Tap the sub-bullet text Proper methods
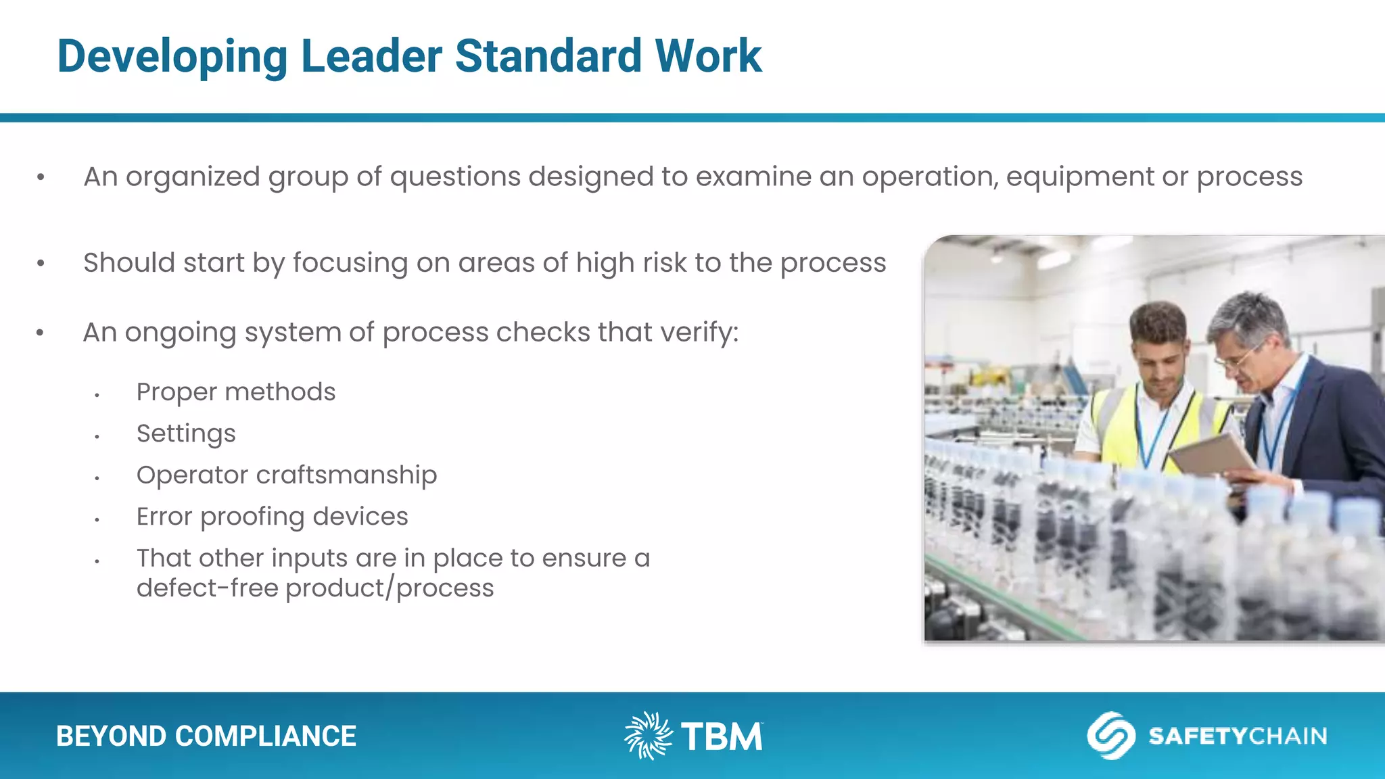pos(235,392)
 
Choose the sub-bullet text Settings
pos(186,434)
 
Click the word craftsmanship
pos(346,475)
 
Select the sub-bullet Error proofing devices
pos(272,517)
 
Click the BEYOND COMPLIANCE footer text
pos(206,736)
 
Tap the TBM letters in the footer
pos(721,736)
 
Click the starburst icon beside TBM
pos(647,735)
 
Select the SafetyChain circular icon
pos(1110,735)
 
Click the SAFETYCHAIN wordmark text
pos(1238,736)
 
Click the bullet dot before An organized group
pos(41,178)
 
